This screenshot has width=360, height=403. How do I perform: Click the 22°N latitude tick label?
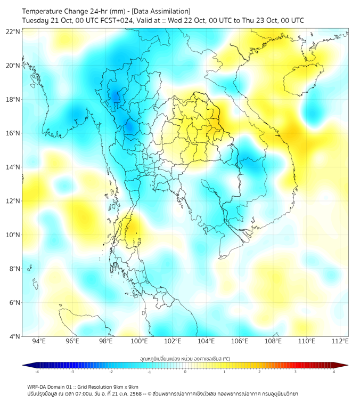[13, 31]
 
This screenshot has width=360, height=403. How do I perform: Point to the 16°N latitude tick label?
[13, 133]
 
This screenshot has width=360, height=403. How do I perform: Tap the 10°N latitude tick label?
[13, 235]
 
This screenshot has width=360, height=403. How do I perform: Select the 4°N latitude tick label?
[14, 336]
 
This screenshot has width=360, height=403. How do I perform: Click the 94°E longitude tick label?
[39, 341]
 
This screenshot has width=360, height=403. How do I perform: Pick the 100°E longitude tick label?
[139, 341]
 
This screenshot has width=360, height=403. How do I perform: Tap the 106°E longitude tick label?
[240, 341]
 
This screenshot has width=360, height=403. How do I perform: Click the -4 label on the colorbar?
[37, 372]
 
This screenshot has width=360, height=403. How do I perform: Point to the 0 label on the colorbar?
[185, 372]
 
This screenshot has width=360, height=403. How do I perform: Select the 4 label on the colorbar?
[333, 372]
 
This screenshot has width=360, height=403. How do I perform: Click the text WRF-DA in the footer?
[37, 386]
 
